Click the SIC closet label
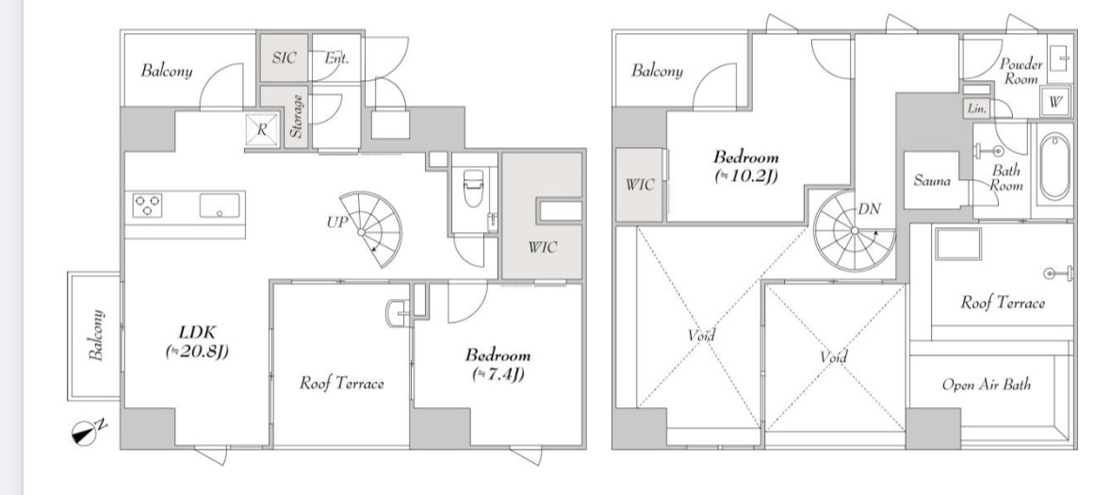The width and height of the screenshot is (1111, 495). point(285,58)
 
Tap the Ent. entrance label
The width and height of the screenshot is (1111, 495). point(336,58)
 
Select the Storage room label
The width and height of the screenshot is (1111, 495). point(297,116)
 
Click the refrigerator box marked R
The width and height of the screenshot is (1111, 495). point(261,130)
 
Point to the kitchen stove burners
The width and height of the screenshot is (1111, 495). point(147,206)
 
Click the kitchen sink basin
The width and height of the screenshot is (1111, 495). point(220,206)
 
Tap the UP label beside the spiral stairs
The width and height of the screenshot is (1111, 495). point(336,223)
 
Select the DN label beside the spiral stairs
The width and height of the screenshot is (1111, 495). point(869,209)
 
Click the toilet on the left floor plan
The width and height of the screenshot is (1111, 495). point(471,188)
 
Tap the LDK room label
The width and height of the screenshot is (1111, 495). point(197,332)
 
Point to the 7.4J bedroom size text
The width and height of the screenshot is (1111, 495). point(498,373)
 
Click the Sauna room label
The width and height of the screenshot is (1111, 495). point(932,181)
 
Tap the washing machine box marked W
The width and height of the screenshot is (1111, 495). point(1055,102)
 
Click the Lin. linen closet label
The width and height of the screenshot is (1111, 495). point(977,108)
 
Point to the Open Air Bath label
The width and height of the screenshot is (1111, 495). point(987,385)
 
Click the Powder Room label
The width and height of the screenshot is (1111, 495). point(1021,72)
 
